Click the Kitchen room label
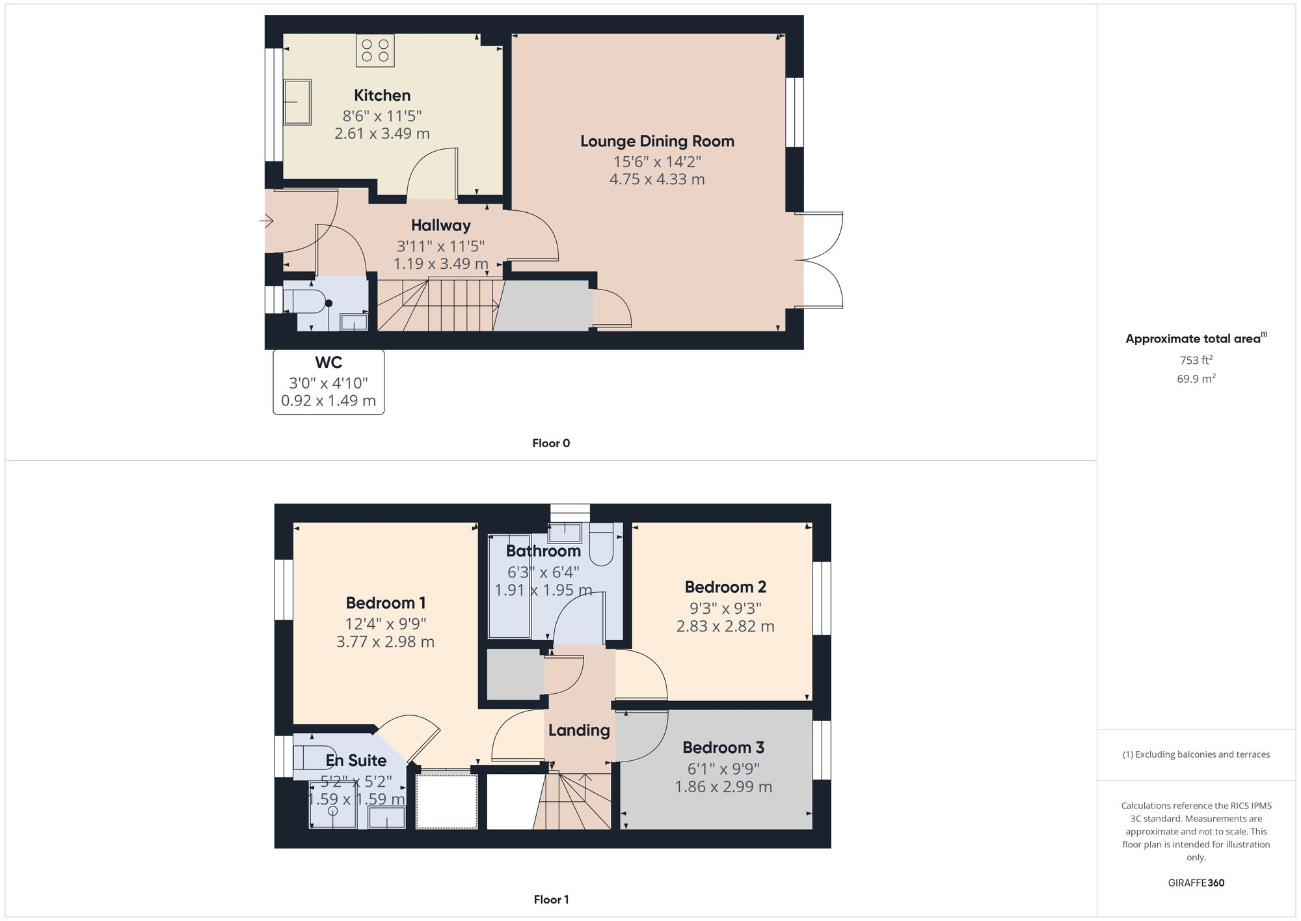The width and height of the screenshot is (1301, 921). tap(382, 96)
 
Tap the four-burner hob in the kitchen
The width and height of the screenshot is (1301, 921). tap(375, 51)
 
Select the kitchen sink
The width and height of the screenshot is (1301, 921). tap(297, 102)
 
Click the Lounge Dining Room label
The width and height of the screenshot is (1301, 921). tap(657, 141)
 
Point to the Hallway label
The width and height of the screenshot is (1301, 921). tap(440, 225)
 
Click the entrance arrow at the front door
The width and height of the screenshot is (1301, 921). tap(267, 221)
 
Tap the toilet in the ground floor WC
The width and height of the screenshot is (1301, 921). tap(308, 302)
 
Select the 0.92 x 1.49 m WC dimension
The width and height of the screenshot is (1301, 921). tap(329, 401)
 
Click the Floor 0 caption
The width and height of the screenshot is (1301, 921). tap(551, 443)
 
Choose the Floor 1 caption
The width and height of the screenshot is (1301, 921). tap(551, 900)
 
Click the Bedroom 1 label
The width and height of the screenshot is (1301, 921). tap(385, 603)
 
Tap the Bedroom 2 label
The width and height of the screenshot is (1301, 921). tap(725, 587)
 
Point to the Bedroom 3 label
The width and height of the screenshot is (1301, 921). tap(723, 747)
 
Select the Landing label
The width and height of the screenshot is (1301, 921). tap(579, 730)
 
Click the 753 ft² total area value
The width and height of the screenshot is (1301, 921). tap(1196, 360)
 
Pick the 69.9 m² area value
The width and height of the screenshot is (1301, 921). tap(1196, 378)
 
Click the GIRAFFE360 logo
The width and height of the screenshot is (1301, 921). tap(1196, 883)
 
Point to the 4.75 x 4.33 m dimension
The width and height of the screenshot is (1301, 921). tap(657, 180)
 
